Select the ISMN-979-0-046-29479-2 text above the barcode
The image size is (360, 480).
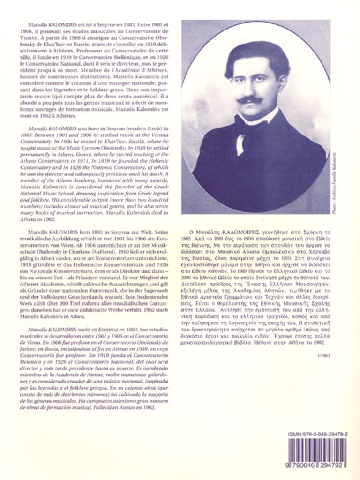click(x=317, y=435)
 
